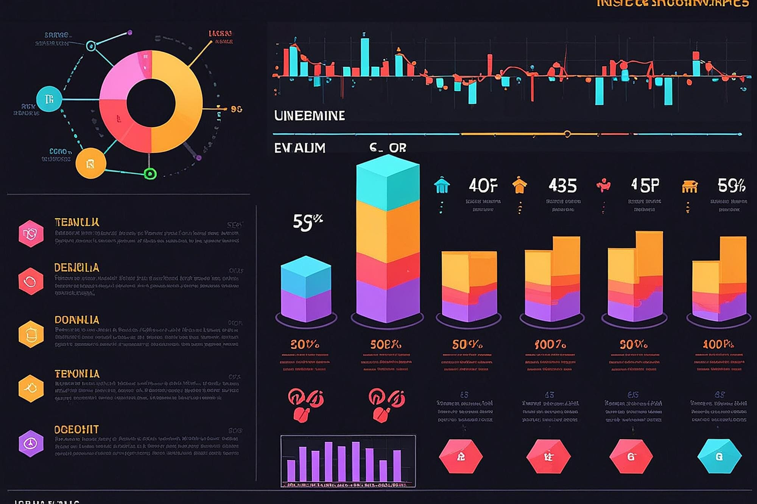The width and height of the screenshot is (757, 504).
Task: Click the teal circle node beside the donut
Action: click(x=49, y=99)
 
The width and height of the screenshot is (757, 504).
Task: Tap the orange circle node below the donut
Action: click(x=90, y=163)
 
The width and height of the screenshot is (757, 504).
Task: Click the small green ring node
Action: click(x=150, y=174)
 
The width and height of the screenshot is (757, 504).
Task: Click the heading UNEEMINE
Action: click(x=309, y=116)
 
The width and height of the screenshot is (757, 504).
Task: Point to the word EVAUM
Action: click(x=299, y=148)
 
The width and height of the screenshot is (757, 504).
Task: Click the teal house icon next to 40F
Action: click(x=442, y=186)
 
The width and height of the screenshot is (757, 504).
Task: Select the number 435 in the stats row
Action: click(x=562, y=186)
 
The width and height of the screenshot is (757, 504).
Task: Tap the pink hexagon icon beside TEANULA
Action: click(x=31, y=234)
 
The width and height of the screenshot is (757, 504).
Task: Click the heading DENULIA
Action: click(x=76, y=268)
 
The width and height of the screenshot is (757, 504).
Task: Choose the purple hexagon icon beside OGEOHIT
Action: click(x=31, y=443)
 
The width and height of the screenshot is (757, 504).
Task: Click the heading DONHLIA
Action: click(x=77, y=320)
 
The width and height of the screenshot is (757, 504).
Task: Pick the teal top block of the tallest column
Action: click(x=388, y=183)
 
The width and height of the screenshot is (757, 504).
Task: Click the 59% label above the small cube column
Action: click(x=307, y=222)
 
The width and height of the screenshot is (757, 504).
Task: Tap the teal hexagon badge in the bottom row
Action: click(x=719, y=456)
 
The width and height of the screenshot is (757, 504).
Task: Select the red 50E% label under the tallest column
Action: click(x=386, y=344)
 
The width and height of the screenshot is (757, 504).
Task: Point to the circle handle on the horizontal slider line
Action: click(x=567, y=134)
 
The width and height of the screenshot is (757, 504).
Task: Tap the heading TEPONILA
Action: click(x=77, y=374)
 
